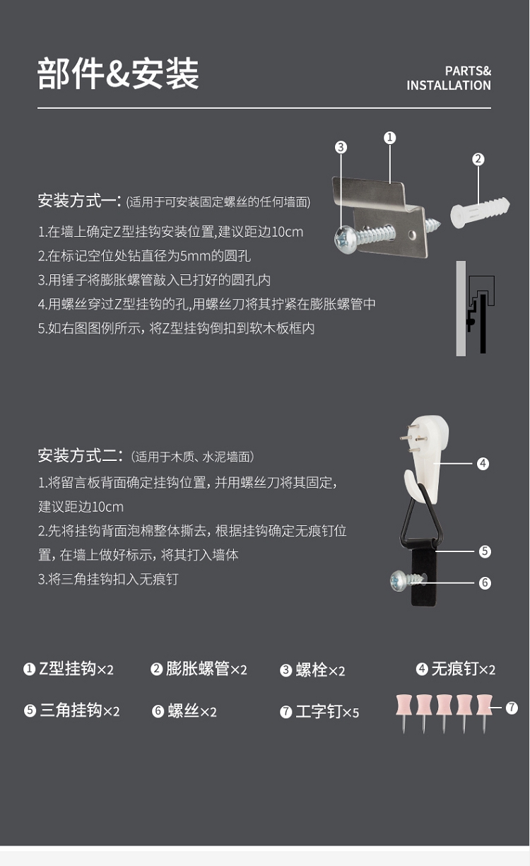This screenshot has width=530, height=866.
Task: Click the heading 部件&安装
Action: pyautogui.click(x=118, y=74)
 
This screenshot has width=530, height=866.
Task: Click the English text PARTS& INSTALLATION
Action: pyautogui.click(x=449, y=78)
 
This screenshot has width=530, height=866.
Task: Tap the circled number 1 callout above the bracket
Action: pyautogui.click(x=389, y=138)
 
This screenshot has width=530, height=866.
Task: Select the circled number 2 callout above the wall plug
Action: pyautogui.click(x=478, y=159)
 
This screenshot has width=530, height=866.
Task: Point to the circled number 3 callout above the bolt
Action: pyautogui.click(x=341, y=147)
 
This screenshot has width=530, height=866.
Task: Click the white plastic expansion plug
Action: pyautogui.click(x=480, y=212)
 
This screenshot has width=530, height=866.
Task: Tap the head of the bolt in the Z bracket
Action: pyautogui.click(x=343, y=240)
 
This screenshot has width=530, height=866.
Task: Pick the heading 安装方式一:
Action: pyautogui.click(x=80, y=201)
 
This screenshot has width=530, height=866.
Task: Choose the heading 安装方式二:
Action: pyautogui.click(x=81, y=456)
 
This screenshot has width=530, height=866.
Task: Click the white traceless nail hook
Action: pyautogui.click(x=426, y=458)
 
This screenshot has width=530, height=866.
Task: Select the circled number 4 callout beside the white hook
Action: pyautogui.click(x=483, y=464)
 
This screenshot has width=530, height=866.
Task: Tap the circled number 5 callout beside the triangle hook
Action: pyautogui.click(x=485, y=551)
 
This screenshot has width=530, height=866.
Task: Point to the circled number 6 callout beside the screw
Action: pyautogui.click(x=485, y=583)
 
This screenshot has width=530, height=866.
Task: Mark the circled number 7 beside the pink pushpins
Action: pyautogui.click(x=512, y=708)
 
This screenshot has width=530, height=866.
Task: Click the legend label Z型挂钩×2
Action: pyautogui.click(x=69, y=669)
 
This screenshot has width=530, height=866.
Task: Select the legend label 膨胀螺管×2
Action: pyautogui.click(x=199, y=669)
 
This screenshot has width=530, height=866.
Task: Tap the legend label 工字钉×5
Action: pyautogui.click(x=319, y=711)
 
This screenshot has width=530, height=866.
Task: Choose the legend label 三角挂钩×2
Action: pyautogui.click(x=72, y=710)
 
